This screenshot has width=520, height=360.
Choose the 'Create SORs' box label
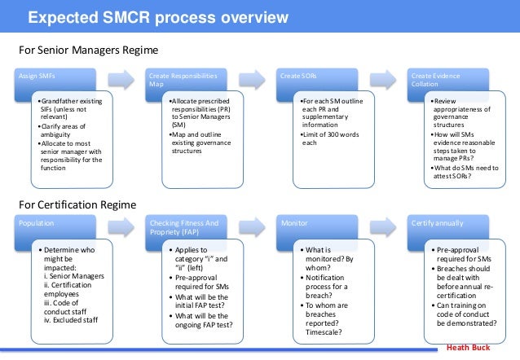[x=293, y=75]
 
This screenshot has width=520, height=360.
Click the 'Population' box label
[x=37, y=221]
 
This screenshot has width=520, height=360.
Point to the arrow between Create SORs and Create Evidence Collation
[x=380, y=79]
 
